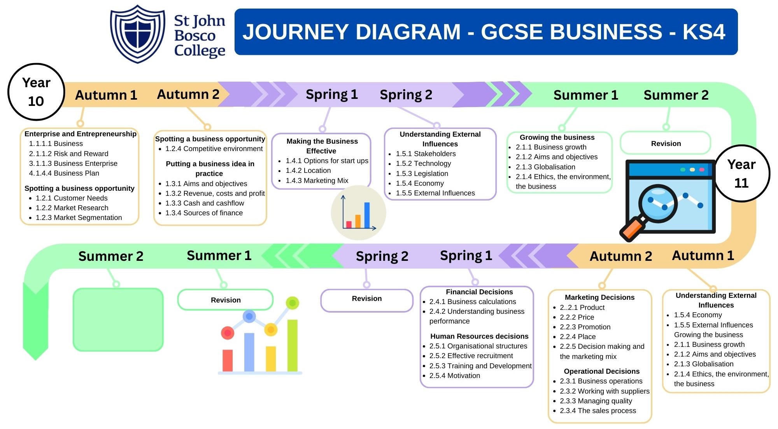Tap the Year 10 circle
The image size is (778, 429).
point(36,92)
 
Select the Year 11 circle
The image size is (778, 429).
point(741,174)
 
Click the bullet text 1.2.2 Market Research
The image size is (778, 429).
point(72,208)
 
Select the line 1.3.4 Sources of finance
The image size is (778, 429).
point(204,213)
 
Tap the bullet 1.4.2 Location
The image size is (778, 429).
point(308,171)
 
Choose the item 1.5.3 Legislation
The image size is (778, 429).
point(422,174)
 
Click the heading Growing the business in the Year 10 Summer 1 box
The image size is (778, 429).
point(557,137)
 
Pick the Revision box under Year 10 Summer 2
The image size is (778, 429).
point(666,143)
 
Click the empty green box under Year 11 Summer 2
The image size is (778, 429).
point(118,320)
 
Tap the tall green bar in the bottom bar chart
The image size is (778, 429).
point(293,345)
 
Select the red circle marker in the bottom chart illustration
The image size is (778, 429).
point(228,333)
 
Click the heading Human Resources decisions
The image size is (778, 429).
point(479,336)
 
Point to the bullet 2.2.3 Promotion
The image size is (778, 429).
point(585,327)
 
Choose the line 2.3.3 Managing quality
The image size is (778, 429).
point(596,401)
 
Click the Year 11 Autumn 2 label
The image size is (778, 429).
point(620,256)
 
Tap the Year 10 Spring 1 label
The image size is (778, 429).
point(331,95)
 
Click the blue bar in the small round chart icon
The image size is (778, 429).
point(367,214)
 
